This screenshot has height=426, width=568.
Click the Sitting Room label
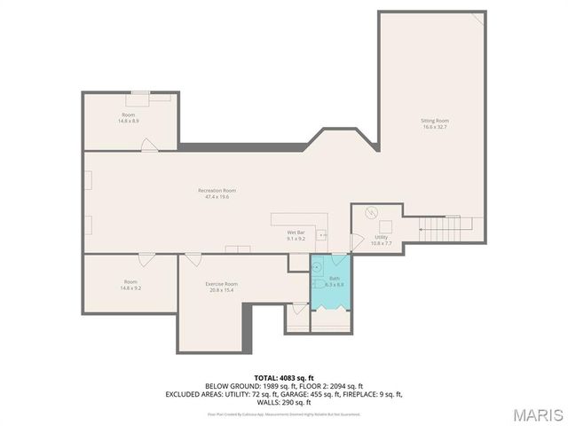[435, 120]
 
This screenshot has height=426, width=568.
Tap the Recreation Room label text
[217, 190]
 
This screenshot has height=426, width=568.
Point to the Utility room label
[381, 237]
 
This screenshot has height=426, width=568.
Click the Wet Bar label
[296, 233]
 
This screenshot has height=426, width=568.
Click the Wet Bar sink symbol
[321, 236]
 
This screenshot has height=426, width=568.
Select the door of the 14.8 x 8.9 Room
[149, 144]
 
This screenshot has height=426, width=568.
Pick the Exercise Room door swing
[192, 260]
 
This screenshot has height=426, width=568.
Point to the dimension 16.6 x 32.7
[435, 127]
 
